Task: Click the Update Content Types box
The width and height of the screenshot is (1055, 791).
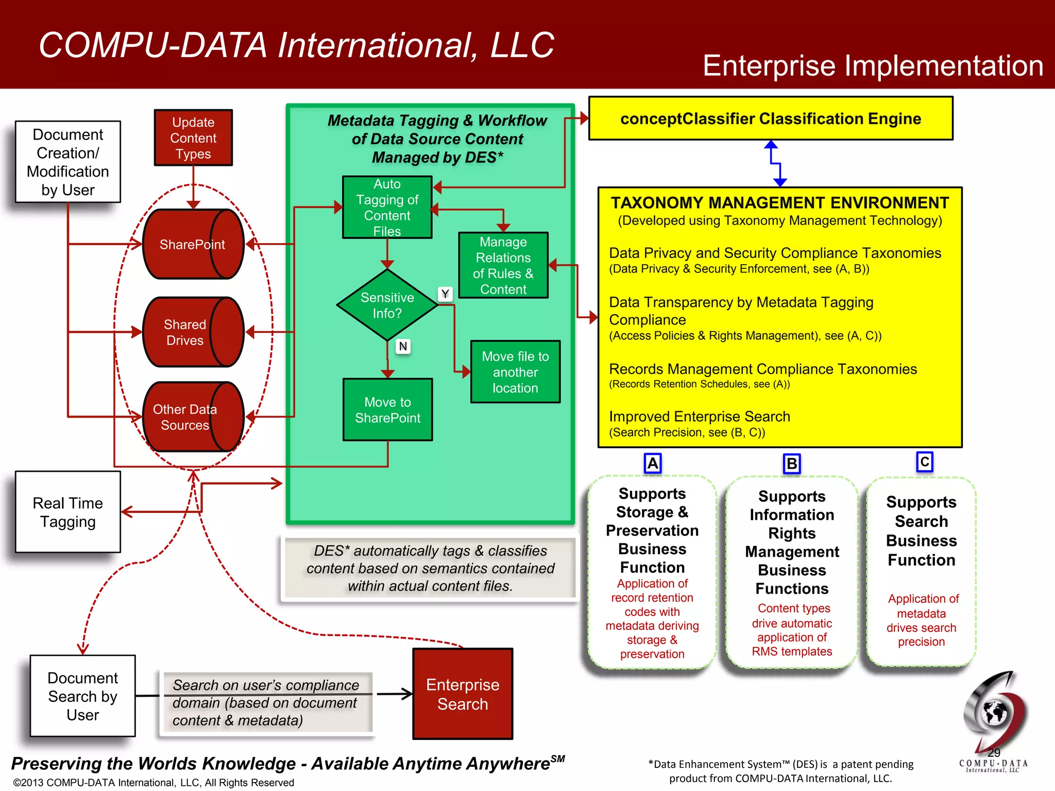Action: pos(193,137)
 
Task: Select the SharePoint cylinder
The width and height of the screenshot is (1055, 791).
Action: pos(193,244)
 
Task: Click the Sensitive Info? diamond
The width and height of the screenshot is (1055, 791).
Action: pos(387,305)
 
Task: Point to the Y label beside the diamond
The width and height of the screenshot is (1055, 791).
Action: pos(445,294)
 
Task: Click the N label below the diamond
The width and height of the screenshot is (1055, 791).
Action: pos(403,347)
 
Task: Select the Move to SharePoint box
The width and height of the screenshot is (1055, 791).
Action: pos(387,410)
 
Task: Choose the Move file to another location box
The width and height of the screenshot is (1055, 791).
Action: pos(515,372)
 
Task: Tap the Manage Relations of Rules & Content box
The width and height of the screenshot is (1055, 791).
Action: pos(503,265)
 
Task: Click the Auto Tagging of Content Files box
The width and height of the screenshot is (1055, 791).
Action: pos(387,207)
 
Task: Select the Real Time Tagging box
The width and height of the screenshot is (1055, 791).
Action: pos(68,512)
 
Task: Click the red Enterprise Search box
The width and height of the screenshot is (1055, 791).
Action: pos(463,694)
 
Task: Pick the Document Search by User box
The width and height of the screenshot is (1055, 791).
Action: pos(83,696)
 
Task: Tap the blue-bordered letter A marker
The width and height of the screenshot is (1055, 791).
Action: pos(653,463)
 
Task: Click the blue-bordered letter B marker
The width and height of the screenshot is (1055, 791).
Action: pos(792,464)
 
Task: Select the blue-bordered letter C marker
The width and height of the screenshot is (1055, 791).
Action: pos(925,461)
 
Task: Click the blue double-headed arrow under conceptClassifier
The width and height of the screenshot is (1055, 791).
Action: pos(776,164)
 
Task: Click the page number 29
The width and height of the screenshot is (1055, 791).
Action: pos(994,752)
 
